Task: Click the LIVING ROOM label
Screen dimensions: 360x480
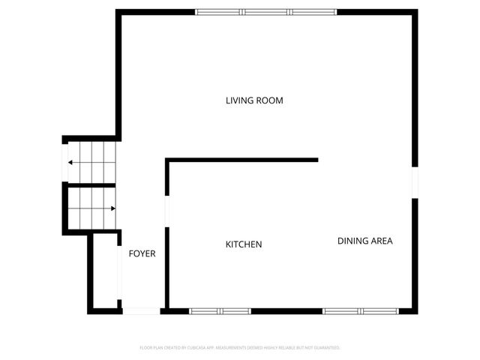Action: click(x=254, y=100)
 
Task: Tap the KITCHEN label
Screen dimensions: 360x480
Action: click(x=244, y=244)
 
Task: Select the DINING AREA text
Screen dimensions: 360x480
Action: click(x=364, y=241)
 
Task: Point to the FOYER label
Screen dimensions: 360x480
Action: click(x=142, y=253)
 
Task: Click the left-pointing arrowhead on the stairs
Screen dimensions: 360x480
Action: click(x=70, y=162)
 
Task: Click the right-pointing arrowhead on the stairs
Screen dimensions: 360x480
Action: click(x=113, y=208)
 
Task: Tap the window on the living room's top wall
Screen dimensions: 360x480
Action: click(x=265, y=12)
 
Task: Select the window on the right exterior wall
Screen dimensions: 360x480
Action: click(x=413, y=182)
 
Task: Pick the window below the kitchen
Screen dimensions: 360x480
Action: click(x=220, y=310)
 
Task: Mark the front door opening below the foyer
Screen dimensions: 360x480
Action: click(x=141, y=310)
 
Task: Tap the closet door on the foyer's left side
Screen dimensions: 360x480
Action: click(x=119, y=273)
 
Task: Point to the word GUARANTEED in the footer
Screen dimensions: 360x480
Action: click(x=325, y=348)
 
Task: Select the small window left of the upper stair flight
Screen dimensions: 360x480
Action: click(x=64, y=162)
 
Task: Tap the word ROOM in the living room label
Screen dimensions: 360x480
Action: click(x=271, y=100)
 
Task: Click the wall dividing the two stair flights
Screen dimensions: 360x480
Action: click(x=90, y=184)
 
